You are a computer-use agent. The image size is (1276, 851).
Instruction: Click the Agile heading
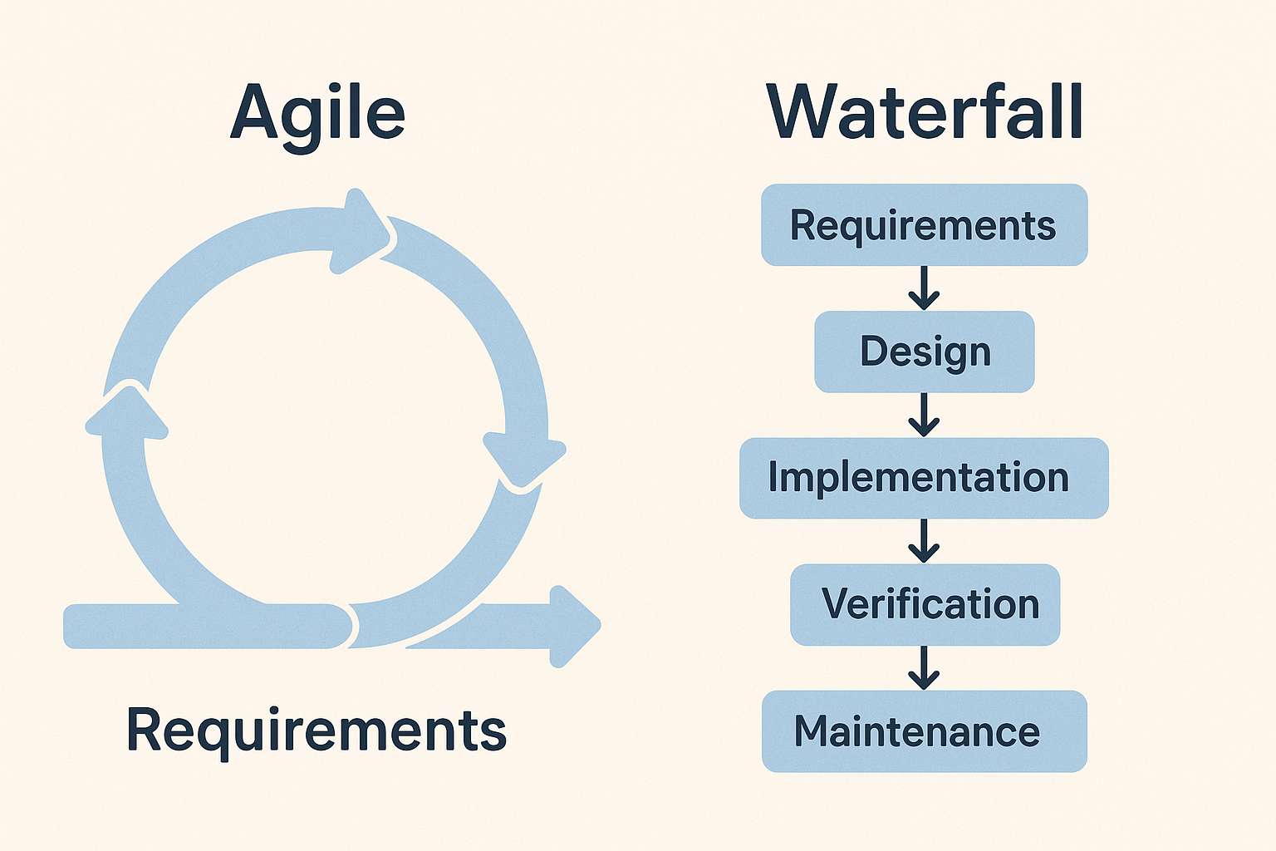317,115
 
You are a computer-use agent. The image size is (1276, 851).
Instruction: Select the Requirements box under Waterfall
924,225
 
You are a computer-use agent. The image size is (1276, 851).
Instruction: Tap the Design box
924,352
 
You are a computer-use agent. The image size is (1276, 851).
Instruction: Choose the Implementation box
924,478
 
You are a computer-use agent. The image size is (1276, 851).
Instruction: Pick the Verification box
925,604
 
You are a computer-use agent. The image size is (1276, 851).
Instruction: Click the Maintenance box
924,731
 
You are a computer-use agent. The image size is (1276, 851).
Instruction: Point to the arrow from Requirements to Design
924,288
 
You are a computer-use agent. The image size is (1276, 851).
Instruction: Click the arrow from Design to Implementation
924,414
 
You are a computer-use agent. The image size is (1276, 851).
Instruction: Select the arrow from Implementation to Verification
924,540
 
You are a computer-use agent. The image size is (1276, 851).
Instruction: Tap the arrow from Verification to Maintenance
924,667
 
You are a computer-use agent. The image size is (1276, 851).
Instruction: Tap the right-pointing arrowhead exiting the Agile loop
573,626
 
